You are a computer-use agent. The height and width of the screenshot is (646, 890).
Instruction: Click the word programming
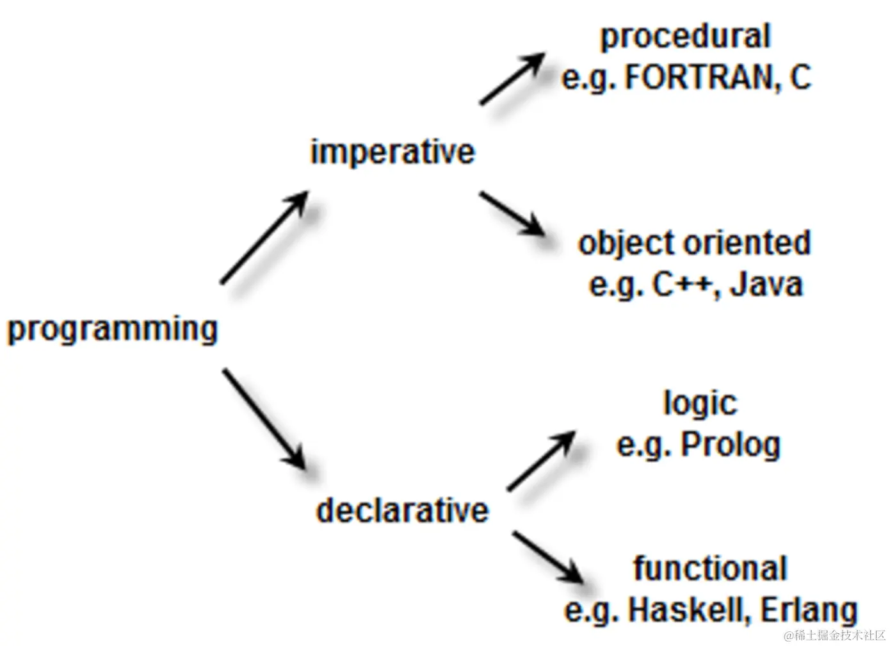(x=113, y=329)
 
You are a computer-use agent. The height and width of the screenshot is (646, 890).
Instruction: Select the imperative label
(x=392, y=153)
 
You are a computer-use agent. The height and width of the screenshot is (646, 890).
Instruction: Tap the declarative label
(x=402, y=510)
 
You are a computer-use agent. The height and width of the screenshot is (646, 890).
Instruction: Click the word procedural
(x=685, y=37)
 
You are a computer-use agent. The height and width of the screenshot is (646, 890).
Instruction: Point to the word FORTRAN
(x=700, y=78)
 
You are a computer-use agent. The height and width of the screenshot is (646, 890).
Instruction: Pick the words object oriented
(x=694, y=244)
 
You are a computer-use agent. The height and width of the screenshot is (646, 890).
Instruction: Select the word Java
(x=766, y=285)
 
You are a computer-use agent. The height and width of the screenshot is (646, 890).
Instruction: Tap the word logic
(x=700, y=404)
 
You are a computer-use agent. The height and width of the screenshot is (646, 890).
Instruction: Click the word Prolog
(x=731, y=444)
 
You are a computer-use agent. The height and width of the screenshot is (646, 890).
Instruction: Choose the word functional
(x=709, y=568)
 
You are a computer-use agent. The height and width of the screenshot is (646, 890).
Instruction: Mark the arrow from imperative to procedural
(x=512, y=78)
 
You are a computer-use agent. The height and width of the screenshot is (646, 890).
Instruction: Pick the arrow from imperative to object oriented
(x=512, y=213)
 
